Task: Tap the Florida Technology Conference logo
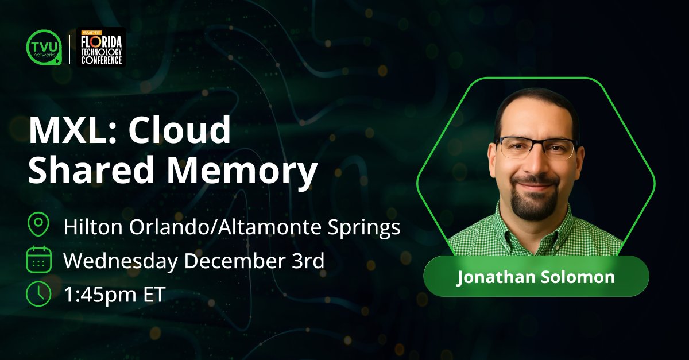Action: tap(101, 47)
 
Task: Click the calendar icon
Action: tap(38, 260)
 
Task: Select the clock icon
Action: tap(38, 293)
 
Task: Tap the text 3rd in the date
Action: tap(309, 261)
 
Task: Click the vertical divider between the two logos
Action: tap(69, 47)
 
